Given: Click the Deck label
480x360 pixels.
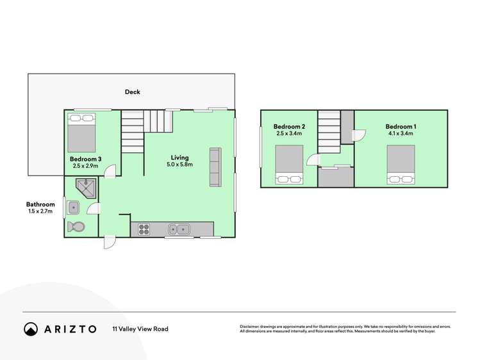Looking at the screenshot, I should pos(132,92).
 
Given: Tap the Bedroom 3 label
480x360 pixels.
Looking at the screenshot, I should pos(85,158).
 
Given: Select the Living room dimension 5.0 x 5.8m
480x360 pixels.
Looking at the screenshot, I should pos(179,165).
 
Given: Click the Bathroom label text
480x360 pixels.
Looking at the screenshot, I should pos(40,204).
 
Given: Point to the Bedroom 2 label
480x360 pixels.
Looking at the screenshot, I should pos(289,127).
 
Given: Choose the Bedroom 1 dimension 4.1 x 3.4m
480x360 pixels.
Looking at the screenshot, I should pos(401,134).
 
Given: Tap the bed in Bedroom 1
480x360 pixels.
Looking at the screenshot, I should pos(401,165).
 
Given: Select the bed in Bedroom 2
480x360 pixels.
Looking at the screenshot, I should pos(289,165).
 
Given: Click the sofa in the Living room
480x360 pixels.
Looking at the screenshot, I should pos(215,167).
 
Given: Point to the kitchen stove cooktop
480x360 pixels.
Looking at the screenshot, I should pos(142,229).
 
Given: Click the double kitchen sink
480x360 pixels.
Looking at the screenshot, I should pos(178,229).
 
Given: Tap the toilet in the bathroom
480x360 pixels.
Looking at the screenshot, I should pos(75,227).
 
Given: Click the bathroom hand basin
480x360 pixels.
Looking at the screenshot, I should pos(73,208).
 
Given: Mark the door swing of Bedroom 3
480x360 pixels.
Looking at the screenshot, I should pos(111,171).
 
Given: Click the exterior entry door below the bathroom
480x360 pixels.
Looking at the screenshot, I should pos(109,243).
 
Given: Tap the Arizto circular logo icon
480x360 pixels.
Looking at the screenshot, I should pos(31,329).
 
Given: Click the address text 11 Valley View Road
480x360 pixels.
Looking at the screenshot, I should pos(140,329).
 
